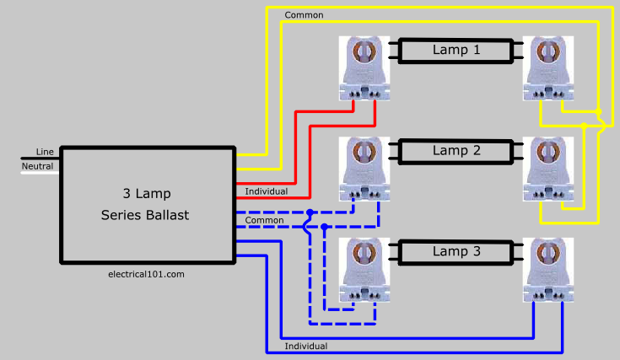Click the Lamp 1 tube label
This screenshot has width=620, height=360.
click(456, 50)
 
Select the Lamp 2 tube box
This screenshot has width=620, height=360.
click(456, 152)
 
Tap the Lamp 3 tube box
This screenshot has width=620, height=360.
click(456, 252)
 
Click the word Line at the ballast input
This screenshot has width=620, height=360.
click(45, 152)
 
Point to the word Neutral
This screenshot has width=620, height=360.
click(37, 166)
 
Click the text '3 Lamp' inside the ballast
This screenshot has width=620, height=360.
click(147, 194)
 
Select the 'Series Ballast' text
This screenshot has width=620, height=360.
click(145, 215)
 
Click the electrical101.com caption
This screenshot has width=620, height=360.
click(146, 274)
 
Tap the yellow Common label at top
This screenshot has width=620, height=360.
click(304, 15)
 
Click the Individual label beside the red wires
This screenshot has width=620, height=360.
click(266, 191)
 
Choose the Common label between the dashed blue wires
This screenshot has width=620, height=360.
click(264, 220)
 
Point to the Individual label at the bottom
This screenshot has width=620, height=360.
click(305, 347)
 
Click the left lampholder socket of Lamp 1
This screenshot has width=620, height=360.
click(364, 68)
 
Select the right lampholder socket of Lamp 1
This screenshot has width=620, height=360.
click(548, 68)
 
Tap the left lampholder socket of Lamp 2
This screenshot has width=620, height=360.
click(364, 169)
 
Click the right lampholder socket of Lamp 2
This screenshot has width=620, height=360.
click(548, 169)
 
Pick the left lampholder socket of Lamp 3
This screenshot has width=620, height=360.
click(364, 270)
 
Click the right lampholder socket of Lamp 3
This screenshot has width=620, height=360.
click(548, 270)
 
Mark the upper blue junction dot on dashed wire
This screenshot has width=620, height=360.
click(310, 212)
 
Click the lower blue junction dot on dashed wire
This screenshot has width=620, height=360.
click(324, 227)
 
